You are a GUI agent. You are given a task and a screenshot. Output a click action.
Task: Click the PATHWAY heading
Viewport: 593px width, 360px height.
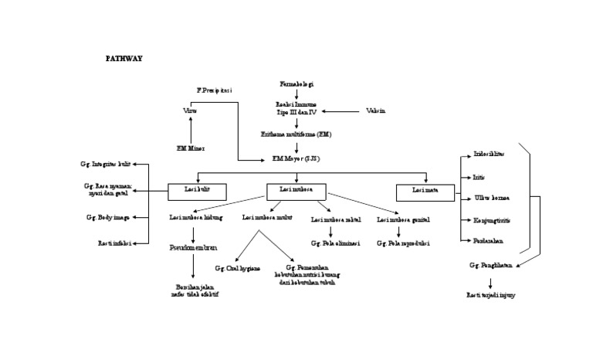[x=124, y=58]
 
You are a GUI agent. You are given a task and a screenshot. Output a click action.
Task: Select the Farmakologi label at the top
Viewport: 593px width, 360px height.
[x=296, y=83]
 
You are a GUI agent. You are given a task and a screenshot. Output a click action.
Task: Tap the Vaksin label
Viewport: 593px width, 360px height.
[x=375, y=110]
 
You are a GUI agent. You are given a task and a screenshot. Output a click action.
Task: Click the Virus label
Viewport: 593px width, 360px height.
[x=190, y=110]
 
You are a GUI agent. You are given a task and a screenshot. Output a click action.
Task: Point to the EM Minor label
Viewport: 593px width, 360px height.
[x=191, y=147]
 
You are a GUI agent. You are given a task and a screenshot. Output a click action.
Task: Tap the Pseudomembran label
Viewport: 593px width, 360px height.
[x=193, y=249]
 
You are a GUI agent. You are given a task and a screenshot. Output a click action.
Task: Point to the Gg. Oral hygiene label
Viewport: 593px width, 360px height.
[x=237, y=268]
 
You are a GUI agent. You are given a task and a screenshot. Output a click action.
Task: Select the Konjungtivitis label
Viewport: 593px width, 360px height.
[x=491, y=220]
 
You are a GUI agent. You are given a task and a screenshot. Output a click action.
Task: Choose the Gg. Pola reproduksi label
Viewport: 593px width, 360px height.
[x=404, y=243]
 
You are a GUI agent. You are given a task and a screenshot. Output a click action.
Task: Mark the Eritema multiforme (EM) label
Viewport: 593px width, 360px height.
[x=296, y=134]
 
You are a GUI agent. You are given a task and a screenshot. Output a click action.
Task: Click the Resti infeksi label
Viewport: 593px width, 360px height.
[x=114, y=243]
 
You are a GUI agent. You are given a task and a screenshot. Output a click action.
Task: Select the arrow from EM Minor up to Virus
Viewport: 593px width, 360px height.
[x=190, y=128]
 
